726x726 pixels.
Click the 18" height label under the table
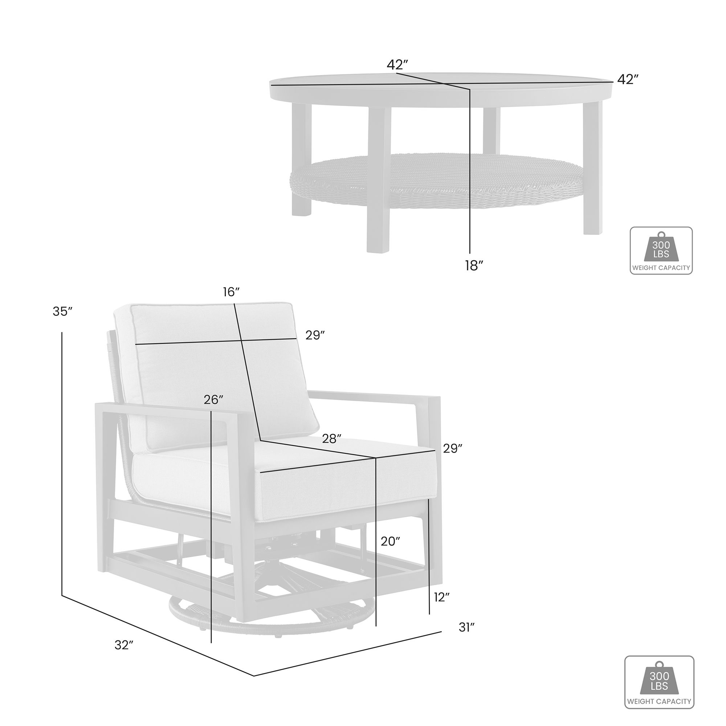tap(473, 266)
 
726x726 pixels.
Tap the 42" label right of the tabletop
tap(628, 79)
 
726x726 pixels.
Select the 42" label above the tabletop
tap(397, 65)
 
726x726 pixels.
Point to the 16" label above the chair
tap(231, 291)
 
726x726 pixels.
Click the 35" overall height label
tap(62, 311)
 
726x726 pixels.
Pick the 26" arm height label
tap(213, 399)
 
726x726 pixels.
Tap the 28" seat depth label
tap(331, 439)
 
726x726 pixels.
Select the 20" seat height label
tap(390, 541)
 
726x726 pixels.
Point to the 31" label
tap(467, 627)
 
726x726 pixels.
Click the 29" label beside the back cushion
tap(315, 335)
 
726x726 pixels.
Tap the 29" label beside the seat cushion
tap(452, 448)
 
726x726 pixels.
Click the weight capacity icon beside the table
tap(661, 250)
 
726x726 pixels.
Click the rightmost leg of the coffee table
tap(593, 169)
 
